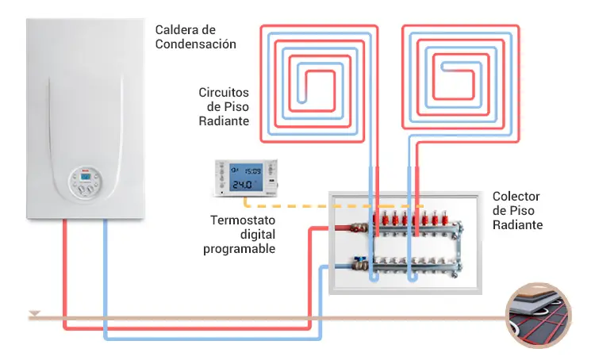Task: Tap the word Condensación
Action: pos(195,44)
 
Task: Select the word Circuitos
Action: pos(224,93)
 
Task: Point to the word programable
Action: pos(239,249)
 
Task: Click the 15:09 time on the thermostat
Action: pos(252,170)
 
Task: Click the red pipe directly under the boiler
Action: pos(66,270)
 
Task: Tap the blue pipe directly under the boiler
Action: pos(106,270)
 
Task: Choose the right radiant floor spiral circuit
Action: pos(461,79)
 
